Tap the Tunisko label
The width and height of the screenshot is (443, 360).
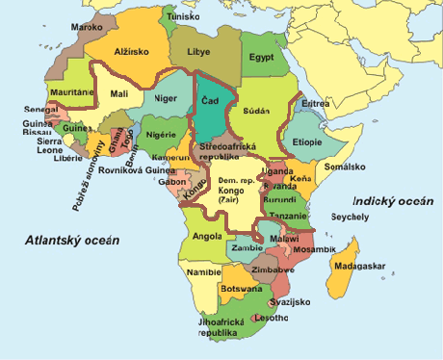tap(183, 17)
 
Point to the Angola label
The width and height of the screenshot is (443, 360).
tap(209, 236)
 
